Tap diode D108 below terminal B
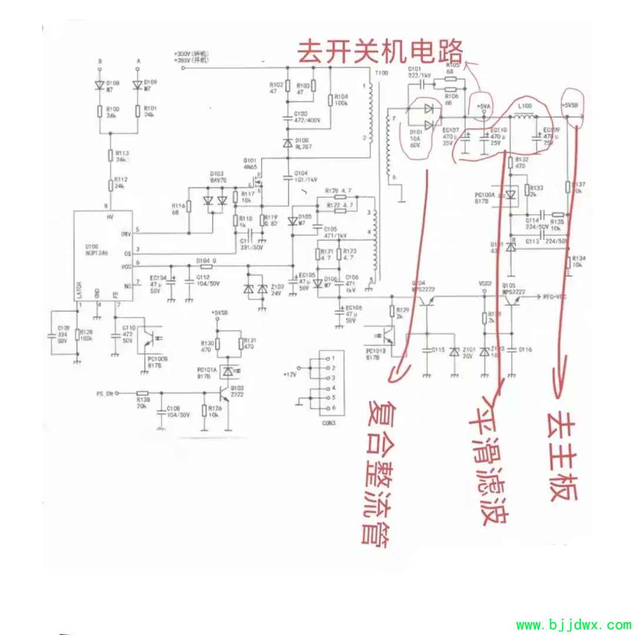99,85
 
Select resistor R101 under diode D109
137,112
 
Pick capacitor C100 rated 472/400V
288,117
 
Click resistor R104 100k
330,101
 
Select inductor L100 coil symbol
524,118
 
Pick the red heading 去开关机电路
380,51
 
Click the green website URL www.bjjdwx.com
573,624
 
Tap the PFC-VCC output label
554,298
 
